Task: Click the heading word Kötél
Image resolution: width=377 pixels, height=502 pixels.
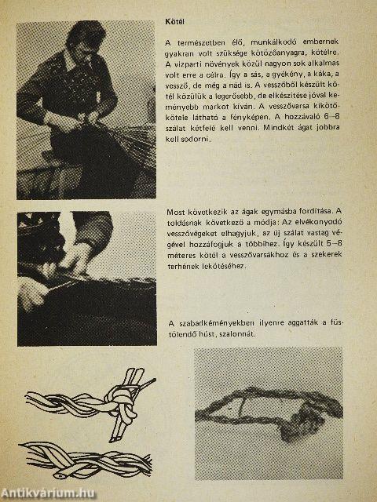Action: pos(174,22)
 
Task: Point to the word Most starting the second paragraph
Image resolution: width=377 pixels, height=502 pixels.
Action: pos(176,212)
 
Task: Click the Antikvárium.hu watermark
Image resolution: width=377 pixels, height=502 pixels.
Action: pos(48,493)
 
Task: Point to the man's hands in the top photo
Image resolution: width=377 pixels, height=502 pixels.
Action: pos(79,120)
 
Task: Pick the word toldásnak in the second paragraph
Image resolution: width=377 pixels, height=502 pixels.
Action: pos(183,223)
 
